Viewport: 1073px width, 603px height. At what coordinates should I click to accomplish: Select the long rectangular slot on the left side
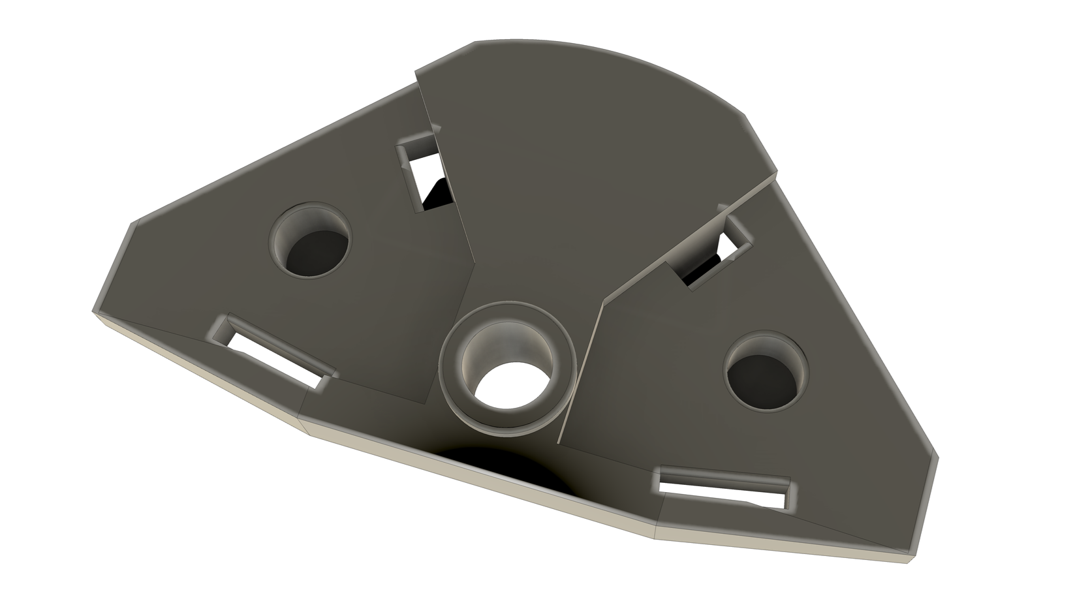tap(274, 353)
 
